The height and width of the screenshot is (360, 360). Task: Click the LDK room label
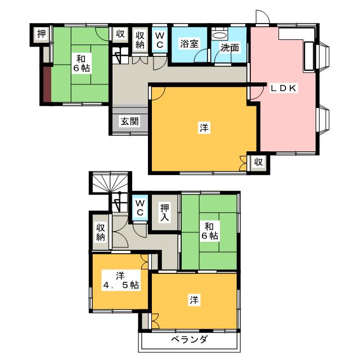[x=283, y=88]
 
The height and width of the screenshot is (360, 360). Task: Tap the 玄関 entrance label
[x=130, y=121]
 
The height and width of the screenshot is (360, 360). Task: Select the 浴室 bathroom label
[x=189, y=44]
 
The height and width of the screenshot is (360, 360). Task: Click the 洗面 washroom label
[x=230, y=48]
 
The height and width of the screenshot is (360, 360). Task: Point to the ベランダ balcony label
[x=190, y=339]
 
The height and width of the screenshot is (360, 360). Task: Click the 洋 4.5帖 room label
[x=121, y=280]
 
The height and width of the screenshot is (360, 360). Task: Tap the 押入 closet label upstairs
[x=165, y=213]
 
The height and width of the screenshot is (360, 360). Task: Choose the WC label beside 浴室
[x=160, y=40]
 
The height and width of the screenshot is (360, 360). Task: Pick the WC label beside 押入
[x=140, y=208]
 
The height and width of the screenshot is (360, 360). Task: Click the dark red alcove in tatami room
[x=47, y=84]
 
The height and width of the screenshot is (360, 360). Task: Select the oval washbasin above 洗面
[x=220, y=35]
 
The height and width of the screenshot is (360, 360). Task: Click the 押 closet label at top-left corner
[x=42, y=34]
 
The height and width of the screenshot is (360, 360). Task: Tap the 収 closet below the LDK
[x=258, y=163]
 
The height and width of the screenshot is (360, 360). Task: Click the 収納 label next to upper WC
[x=140, y=40]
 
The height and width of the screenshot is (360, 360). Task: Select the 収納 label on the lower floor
[x=101, y=232]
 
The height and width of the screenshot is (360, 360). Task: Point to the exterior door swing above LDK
[x=263, y=16]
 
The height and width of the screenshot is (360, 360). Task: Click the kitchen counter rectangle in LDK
[x=309, y=56]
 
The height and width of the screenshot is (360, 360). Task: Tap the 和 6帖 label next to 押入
[x=209, y=231]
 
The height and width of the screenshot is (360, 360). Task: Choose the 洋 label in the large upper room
[x=204, y=128]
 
